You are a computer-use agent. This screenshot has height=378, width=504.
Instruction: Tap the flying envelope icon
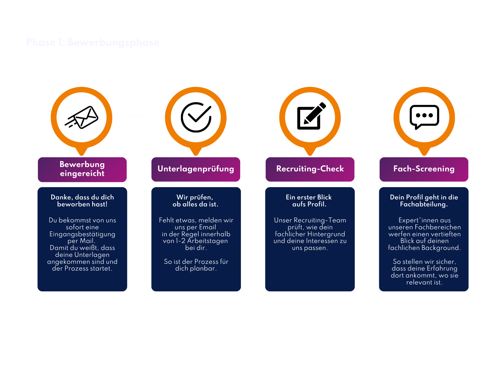click(x=82, y=117)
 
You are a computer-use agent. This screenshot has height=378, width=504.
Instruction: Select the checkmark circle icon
click(x=196, y=117)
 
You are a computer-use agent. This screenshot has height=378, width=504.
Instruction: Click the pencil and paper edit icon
click(x=310, y=117)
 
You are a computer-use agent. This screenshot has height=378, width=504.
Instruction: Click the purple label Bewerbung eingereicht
click(x=82, y=169)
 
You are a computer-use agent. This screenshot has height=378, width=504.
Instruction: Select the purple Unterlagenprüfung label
click(x=196, y=169)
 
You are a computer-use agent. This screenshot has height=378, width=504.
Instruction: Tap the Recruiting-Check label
click(x=310, y=169)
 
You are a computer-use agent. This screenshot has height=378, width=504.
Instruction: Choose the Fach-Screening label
click(x=424, y=169)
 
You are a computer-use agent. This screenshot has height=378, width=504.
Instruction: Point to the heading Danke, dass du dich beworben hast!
click(x=82, y=201)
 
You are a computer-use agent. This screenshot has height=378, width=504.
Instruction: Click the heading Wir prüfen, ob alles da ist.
click(x=195, y=201)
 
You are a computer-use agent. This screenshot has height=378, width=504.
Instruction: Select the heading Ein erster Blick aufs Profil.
click(x=309, y=201)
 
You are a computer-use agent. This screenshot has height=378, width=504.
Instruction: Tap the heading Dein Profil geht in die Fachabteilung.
click(x=424, y=201)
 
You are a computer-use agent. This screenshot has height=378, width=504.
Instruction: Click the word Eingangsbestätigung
click(x=82, y=234)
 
